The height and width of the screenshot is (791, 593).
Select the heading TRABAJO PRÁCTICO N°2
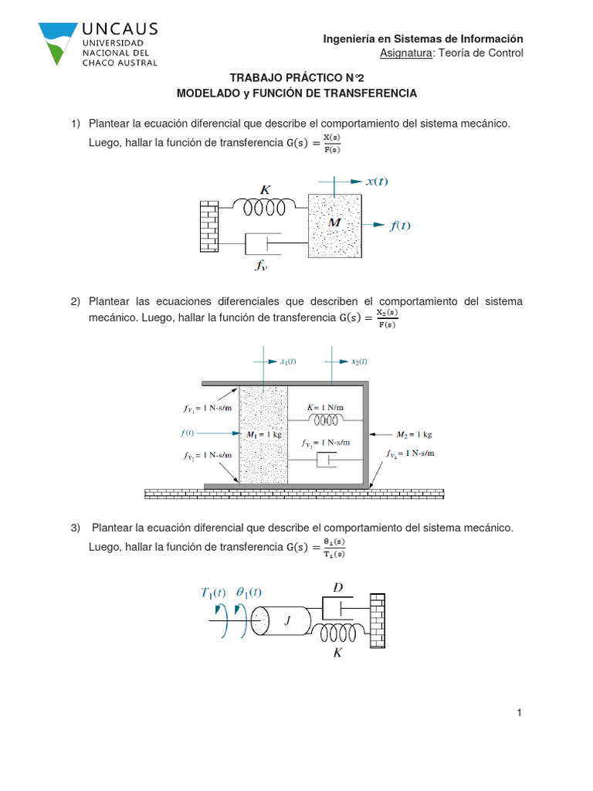click(296, 78)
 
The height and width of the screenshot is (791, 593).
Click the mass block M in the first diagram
click(334, 226)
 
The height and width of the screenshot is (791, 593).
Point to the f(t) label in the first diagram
click(400, 226)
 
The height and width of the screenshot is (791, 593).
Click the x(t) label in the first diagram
click(377, 182)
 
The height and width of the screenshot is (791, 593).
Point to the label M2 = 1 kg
click(412, 434)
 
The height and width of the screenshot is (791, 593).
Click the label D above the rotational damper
click(337, 588)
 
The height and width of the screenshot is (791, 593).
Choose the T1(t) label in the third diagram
click(213, 593)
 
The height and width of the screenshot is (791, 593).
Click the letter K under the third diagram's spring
click(337, 653)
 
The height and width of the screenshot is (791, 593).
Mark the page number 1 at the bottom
click(520, 713)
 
